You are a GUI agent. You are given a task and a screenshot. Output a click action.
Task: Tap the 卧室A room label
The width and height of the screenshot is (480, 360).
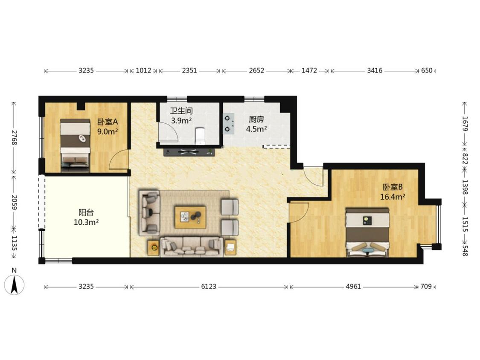108,122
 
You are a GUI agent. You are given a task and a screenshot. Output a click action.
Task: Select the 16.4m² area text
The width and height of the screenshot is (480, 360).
393,197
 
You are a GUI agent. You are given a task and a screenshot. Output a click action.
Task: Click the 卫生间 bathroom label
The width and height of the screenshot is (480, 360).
181,111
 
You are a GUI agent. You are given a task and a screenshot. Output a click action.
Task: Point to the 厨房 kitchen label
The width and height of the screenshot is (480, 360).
256,119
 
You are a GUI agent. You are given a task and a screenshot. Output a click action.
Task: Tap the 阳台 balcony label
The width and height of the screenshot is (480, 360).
86,212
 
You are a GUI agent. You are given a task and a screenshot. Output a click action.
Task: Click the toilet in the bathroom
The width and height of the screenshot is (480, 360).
200,136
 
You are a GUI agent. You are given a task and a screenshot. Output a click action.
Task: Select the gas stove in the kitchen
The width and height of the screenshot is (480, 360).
229,124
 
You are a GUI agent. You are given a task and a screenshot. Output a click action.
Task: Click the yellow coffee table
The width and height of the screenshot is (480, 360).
190,217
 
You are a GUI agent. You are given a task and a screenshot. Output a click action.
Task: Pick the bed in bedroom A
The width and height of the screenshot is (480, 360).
75,145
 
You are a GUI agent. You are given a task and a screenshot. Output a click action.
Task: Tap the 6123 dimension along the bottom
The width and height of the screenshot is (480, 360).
209,287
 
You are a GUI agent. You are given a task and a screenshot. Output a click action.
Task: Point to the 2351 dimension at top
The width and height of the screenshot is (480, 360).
189,70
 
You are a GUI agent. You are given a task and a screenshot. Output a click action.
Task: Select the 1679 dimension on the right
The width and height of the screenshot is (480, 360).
465,124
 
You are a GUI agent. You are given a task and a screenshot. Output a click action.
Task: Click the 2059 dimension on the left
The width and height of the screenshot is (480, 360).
14,202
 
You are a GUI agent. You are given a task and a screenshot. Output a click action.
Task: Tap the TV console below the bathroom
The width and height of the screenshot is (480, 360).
189,151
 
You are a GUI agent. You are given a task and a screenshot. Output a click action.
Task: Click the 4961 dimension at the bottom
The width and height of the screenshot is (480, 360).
353,287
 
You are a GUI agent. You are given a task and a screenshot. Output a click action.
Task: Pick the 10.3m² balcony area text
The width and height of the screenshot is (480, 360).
86,222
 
